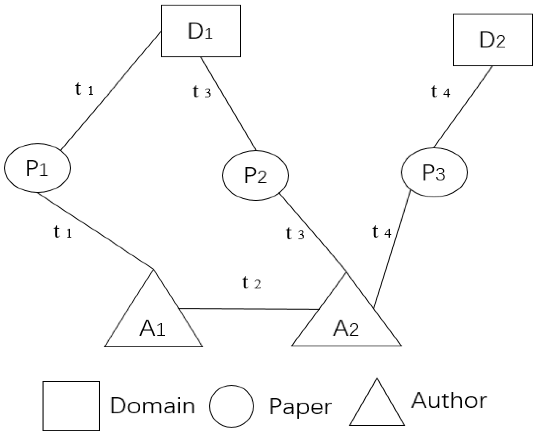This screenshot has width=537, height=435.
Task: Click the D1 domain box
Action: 200,31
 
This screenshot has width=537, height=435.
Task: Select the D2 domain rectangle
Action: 493,40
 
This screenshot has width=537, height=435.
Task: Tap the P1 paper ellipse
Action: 37,168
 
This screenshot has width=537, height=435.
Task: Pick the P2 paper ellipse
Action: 255,176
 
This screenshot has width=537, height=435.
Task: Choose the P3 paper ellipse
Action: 434,172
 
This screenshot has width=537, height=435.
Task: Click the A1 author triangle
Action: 153,326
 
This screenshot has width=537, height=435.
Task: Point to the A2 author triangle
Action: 346,326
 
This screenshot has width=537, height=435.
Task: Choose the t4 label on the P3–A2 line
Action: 381,232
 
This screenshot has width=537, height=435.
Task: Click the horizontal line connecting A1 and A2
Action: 248,309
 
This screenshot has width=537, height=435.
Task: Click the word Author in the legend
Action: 448,400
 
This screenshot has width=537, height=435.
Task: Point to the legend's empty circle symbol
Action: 231,406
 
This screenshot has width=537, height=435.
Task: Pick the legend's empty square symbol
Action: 71,406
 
